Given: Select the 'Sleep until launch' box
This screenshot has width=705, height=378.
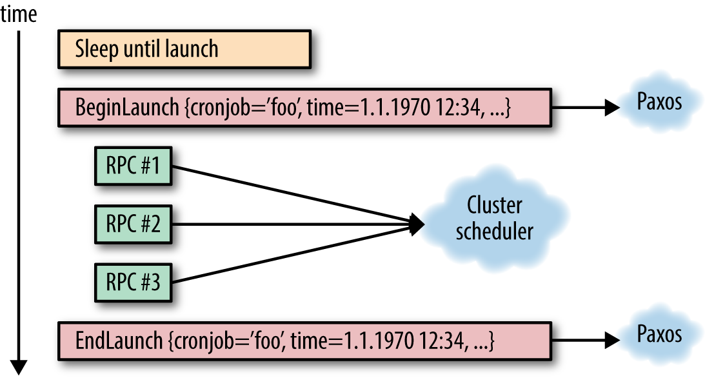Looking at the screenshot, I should (x=184, y=49).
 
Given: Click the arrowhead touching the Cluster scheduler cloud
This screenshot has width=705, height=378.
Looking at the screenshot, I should (x=417, y=224).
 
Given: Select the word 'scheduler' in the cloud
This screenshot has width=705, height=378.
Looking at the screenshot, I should (x=495, y=232).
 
